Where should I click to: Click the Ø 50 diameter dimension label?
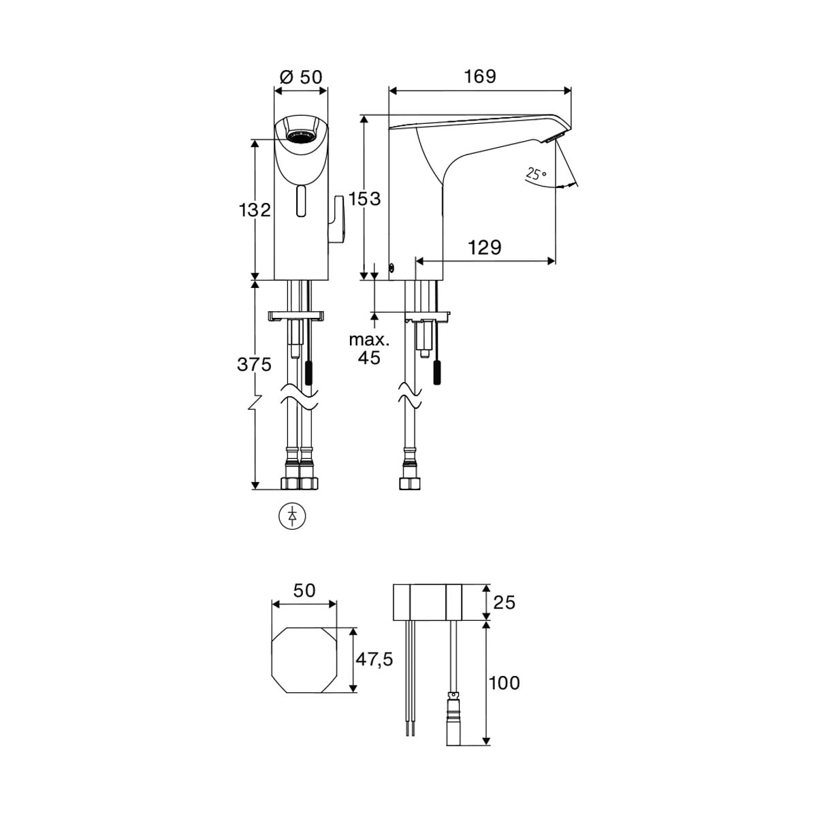[301, 78]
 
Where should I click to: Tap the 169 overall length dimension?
[480, 77]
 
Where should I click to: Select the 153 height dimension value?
[365, 198]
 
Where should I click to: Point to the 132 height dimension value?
[255, 210]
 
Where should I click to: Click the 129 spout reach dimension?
[484, 248]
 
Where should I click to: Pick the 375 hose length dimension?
[255, 365]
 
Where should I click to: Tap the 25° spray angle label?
[536, 174]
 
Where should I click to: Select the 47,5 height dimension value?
[374, 659]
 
